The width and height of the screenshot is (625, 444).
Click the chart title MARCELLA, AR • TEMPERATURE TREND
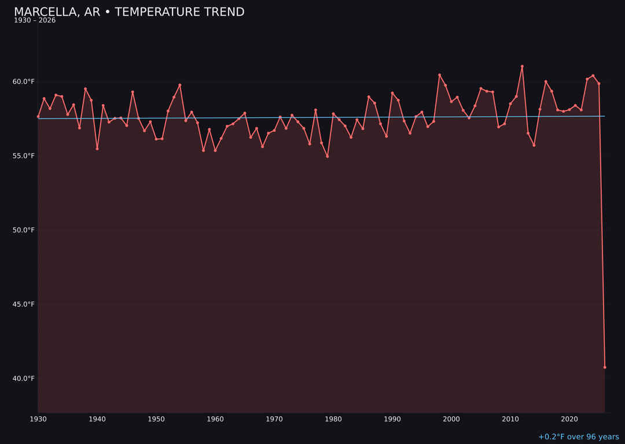coord(129,12)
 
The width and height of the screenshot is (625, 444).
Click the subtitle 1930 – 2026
coord(35,20)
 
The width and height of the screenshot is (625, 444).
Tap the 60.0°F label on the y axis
coord(24,82)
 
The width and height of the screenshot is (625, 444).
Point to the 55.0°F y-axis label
coord(24,156)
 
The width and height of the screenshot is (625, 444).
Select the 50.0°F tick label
coord(24,230)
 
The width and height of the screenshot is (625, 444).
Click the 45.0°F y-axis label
coord(24,304)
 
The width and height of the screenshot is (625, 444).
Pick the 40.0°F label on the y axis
coord(24,379)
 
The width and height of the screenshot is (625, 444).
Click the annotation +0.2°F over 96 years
coord(578,437)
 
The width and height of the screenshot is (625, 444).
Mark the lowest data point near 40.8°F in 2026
coord(605,367)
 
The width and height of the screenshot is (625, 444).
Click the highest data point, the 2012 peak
coord(522,66)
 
